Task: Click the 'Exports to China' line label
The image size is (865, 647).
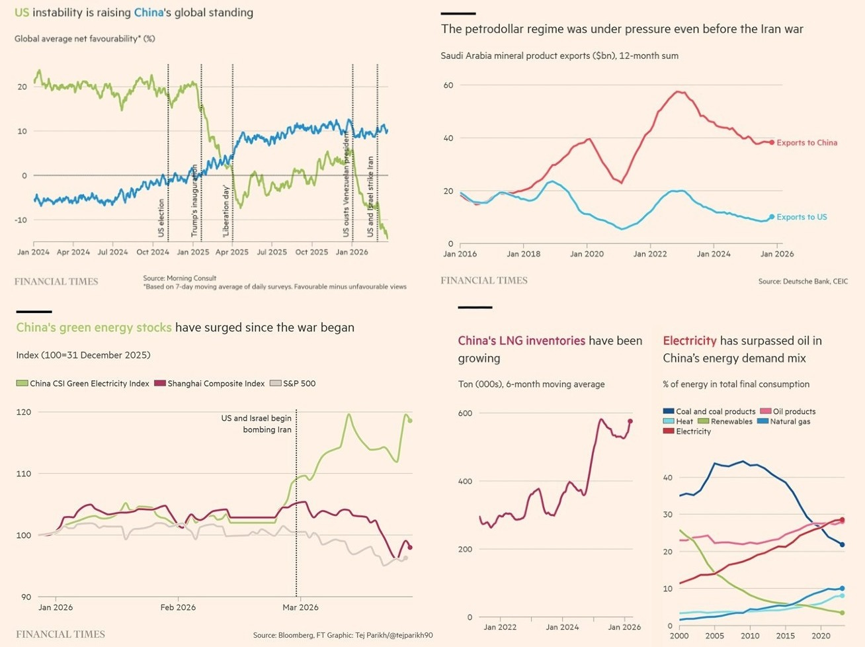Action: click(x=806, y=143)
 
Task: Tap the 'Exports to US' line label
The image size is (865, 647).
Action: click(x=801, y=217)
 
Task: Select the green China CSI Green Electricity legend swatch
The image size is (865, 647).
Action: click(x=22, y=384)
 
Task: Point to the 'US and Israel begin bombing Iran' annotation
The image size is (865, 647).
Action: click(x=257, y=424)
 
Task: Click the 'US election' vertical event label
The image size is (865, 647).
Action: click(x=161, y=218)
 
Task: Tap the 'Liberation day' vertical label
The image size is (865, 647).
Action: click(x=226, y=212)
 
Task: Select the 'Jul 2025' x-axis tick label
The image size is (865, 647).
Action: click(x=272, y=252)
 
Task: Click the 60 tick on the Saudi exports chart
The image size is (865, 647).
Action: click(x=448, y=85)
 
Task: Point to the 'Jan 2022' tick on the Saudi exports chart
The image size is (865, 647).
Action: click(x=649, y=254)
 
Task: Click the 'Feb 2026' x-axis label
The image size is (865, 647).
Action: click(x=178, y=607)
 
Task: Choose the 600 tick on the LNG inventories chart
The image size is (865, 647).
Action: click(x=466, y=413)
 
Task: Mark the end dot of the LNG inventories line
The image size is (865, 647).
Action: click(x=630, y=421)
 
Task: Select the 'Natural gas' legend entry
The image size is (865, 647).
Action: click(x=790, y=421)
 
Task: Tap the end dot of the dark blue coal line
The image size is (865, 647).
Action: click(x=842, y=545)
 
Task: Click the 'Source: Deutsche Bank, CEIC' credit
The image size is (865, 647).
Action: click(x=803, y=282)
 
